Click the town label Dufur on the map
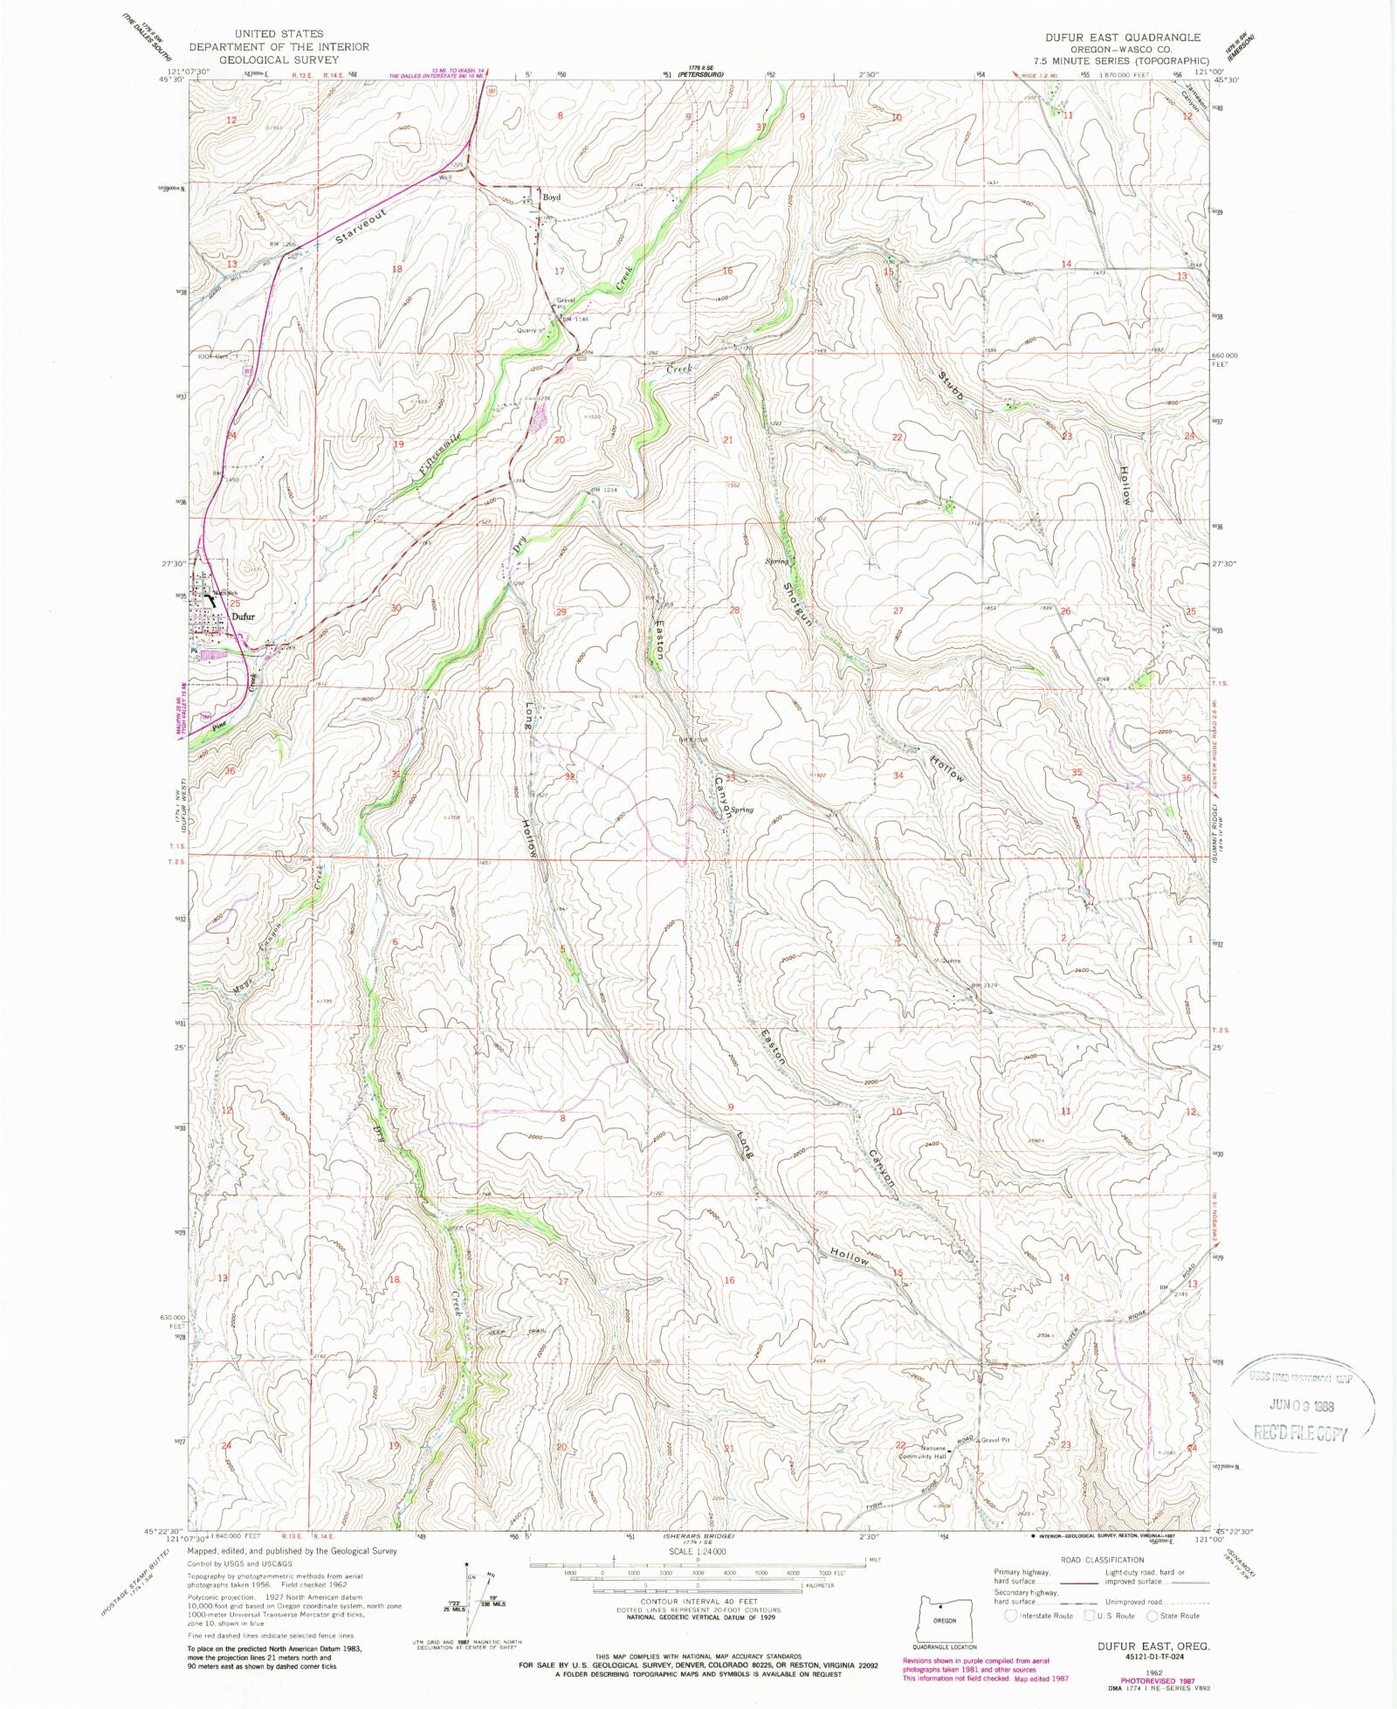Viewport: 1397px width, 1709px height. tap(243, 617)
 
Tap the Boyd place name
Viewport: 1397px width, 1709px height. tap(551, 197)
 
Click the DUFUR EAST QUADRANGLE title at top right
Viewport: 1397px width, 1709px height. tap(1123, 38)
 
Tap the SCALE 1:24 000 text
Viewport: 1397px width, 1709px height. tap(696, 1552)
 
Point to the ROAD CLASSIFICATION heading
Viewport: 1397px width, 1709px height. tap(1102, 1560)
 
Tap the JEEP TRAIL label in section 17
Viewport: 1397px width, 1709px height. tap(522, 1331)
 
